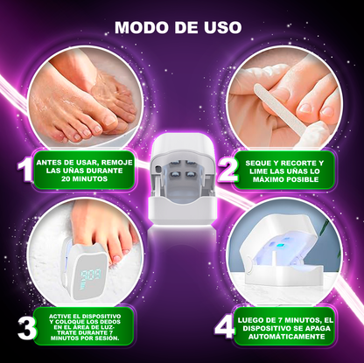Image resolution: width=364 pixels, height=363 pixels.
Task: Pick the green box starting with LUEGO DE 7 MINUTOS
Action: (x=292, y=326)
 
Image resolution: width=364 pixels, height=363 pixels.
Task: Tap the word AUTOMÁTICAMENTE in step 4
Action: (x=292, y=337)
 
